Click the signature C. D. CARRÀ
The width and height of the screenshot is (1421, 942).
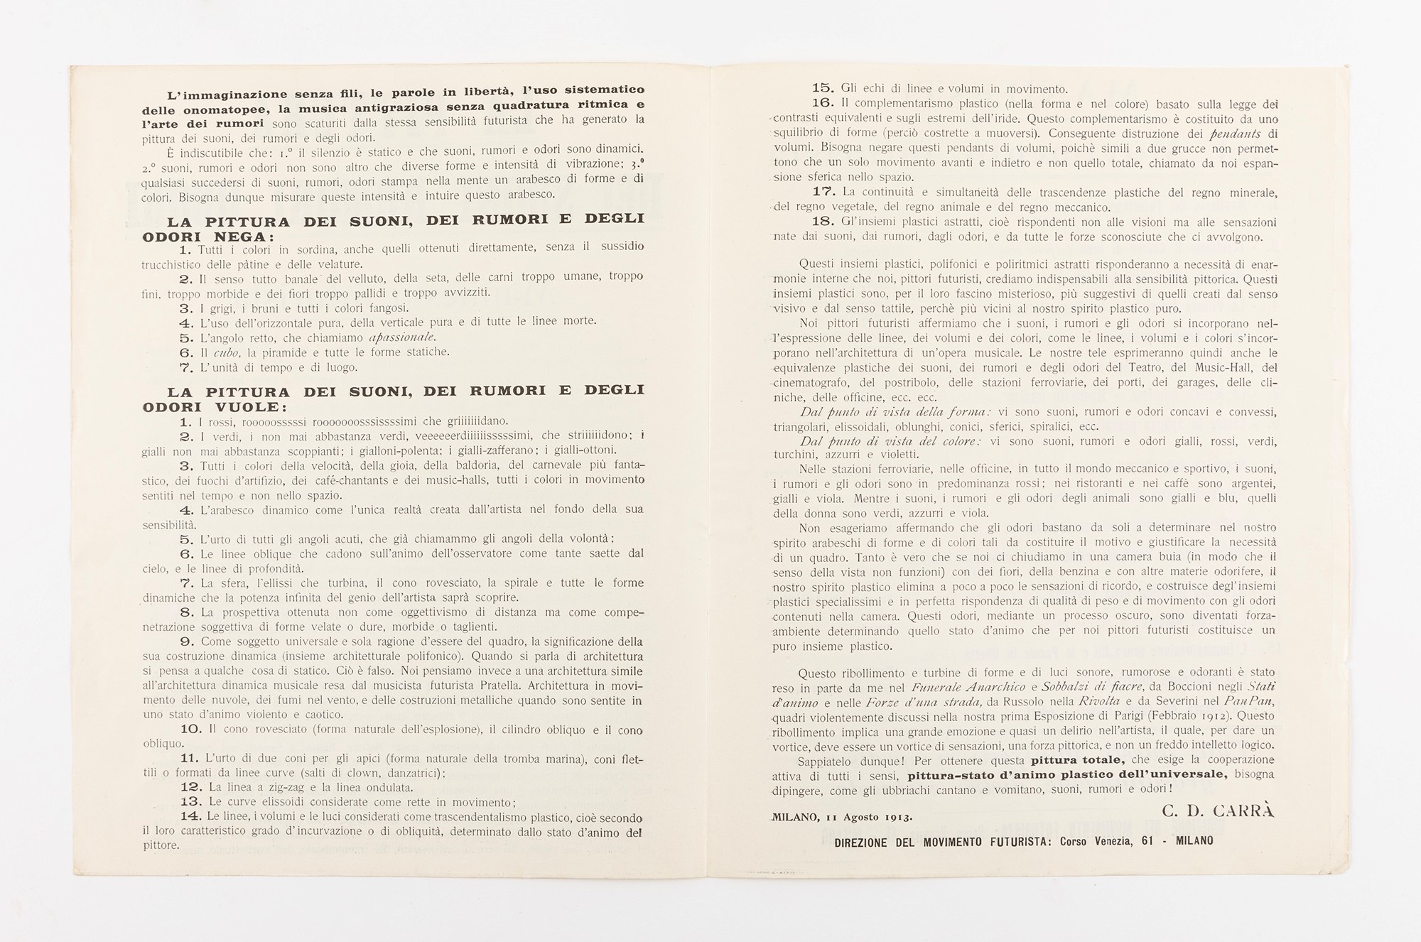(1218, 811)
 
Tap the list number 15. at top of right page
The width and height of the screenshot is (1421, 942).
(823, 88)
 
